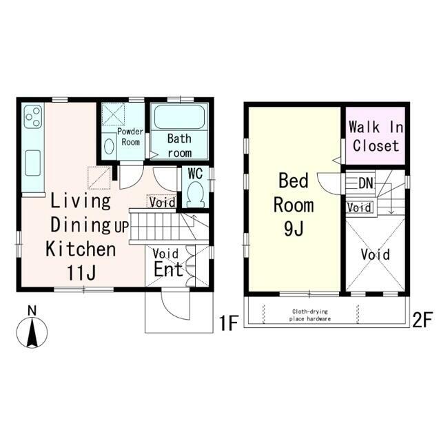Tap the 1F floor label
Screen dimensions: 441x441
pyautogui.click(x=229, y=323)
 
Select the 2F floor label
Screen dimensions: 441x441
pyautogui.click(x=422, y=320)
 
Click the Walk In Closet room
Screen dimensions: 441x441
pyautogui.click(x=375, y=136)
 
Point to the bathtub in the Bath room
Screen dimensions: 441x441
pyautogui.click(x=179, y=116)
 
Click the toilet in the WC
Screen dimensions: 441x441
pyautogui.click(x=195, y=194)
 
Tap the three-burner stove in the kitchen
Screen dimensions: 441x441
pyautogui.click(x=33, y=116)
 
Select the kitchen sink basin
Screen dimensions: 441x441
pyautogui.click(x=32, y=163)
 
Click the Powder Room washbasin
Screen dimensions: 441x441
pyautogui.click(x=109, y=146)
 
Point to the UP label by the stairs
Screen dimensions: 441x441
pyautogui.click(x=121, y=227)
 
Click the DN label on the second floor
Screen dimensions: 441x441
pyautogui.click(x=366, y=183)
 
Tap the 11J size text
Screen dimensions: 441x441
pyautogui.click(x=81, y=273)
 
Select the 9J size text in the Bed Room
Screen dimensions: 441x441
pyautogui.click(x=294, y=229)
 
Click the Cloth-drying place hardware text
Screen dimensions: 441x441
pyautogui.click(x=310, y=316)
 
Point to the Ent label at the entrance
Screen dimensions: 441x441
pyautogui.click(x=168, y=269)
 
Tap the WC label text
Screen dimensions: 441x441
pyautogui.click(x=195, y=174)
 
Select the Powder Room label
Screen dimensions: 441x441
pyautogui.click(x=130, y=136)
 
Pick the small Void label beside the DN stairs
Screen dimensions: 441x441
pyautogui.click(x=359, y=208)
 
